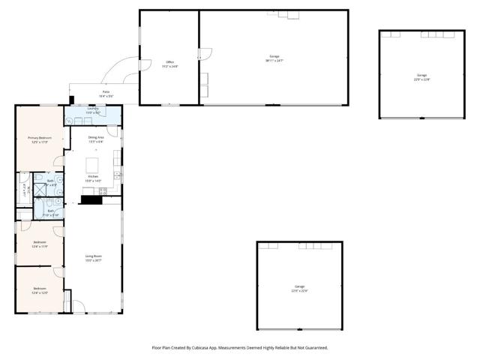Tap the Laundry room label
(93, 109)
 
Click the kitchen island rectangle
(93, 164)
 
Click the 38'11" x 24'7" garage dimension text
(274, 60)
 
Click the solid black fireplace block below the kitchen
(91, 199)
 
